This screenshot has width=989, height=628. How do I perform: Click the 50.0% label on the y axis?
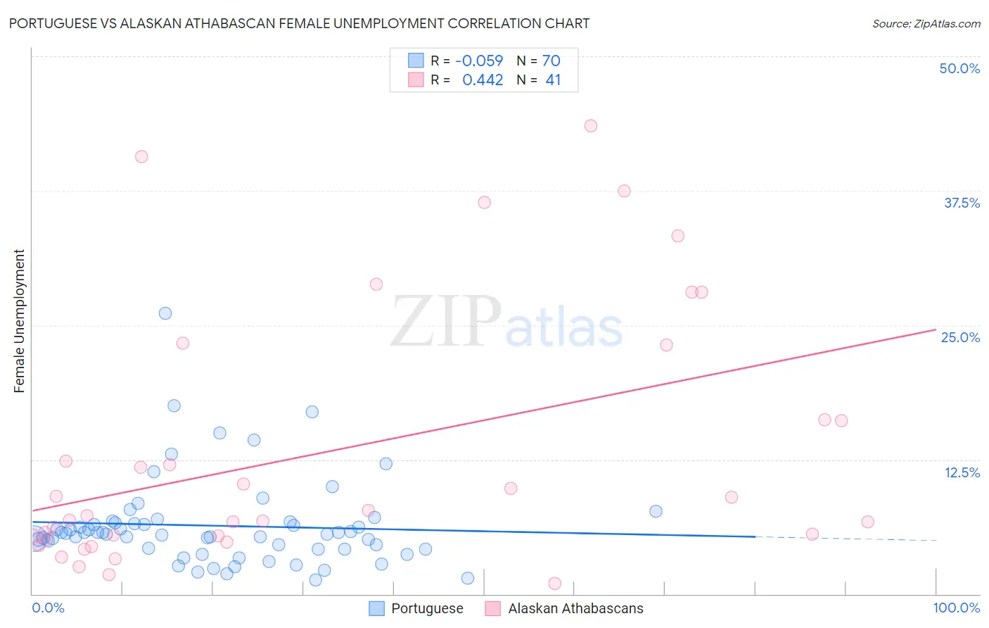(x=959, y=68)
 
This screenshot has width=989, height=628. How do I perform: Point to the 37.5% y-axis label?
(x=962, y=203)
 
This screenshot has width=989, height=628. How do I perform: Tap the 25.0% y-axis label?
(x=960, y=337)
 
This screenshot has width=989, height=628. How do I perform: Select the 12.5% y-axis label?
(x=962, y=472)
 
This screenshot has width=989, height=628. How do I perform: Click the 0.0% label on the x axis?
(x=49, y=608)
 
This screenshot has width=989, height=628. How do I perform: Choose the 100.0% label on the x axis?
(x=956, y=608)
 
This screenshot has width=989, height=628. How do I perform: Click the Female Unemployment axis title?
(x=19, y=321)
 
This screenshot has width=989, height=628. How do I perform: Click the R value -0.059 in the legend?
(x=479, y=61)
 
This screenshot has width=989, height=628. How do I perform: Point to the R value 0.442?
(x=483, y=80)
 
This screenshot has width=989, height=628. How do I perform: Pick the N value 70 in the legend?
(x=551, y=61)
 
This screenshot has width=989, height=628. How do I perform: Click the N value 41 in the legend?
(x=553, y=80)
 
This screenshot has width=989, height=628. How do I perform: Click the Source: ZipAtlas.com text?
(x=926, y=24)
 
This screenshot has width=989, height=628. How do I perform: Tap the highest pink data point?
(x=591, y=126)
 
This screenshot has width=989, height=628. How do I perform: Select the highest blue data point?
(x=165, y=313)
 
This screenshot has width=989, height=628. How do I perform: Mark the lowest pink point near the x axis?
(x=554, y=584)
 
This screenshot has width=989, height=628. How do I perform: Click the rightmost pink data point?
(x=867, y=522)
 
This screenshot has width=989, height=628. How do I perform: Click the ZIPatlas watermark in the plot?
(x=506, y=322)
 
